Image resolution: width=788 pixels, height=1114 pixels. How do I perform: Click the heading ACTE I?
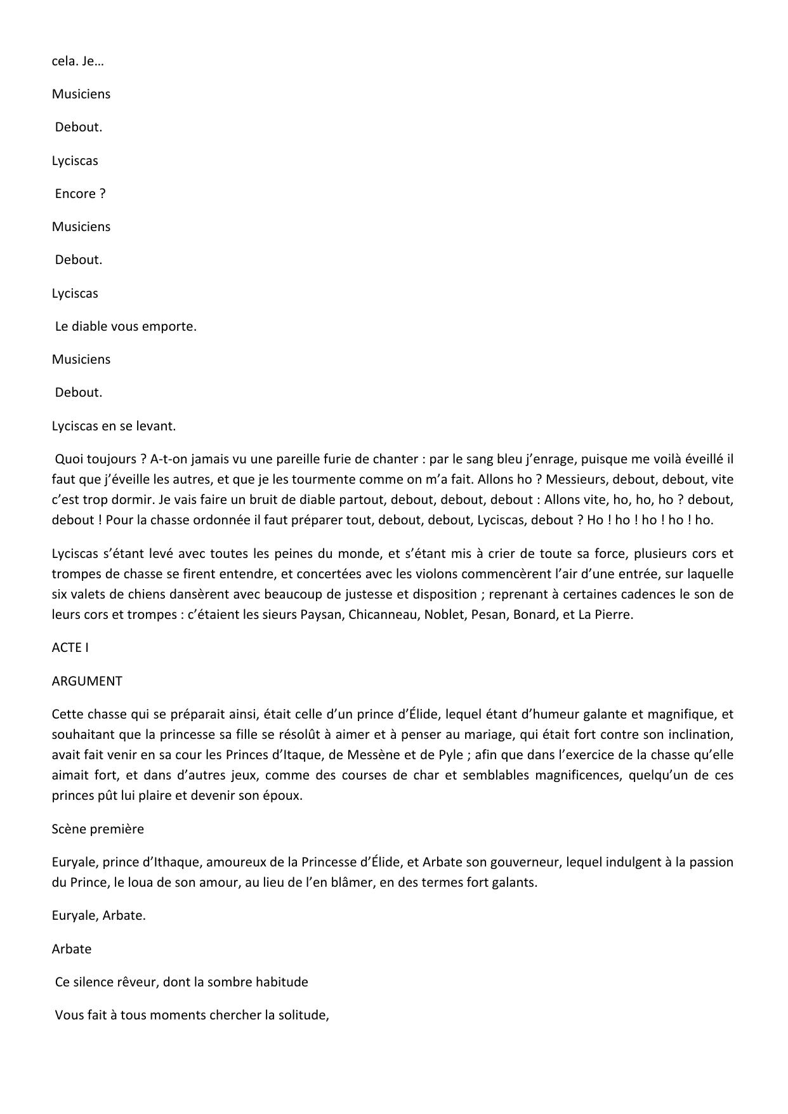pyautogui.click(x=70, y=647)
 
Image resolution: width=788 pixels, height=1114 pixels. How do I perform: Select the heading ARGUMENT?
pyautogui.click(x=87, y=681)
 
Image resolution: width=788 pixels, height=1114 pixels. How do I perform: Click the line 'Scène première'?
pyautogui.click(x=98, y=829)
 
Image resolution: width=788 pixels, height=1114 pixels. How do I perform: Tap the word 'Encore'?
pyautogui.click(x=76, y=194)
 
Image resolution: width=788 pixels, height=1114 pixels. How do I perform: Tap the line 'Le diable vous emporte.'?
pyautogui.click(x=126, y=326)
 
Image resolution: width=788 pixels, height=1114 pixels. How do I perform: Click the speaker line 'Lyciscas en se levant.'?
pyautogui.click(x=114, y=426)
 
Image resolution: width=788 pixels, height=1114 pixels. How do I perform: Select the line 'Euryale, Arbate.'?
pyautogui.click(x=98, y=916)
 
